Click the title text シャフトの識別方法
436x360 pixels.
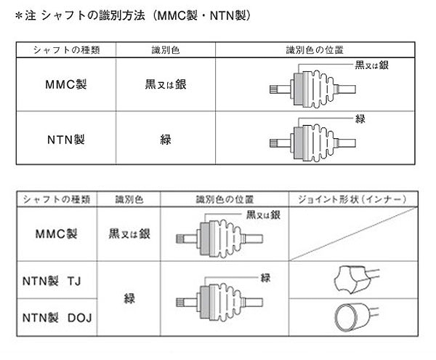[94, 15]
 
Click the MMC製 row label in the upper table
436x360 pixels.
[66, 84]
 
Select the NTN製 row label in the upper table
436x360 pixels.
[66, 140]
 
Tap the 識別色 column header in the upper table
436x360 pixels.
[166, 50]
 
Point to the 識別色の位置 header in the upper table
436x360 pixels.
[315, 50]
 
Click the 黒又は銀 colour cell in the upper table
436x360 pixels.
[166, 84]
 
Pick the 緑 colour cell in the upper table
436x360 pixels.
[166, 140]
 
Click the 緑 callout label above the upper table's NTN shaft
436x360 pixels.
[360, 119]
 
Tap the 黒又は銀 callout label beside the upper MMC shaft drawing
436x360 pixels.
[372, 65]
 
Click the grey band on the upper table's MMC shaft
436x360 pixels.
[299, 89]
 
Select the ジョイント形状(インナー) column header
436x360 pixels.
[352, 199]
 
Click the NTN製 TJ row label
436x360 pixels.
[52, 281]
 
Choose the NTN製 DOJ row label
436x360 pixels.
[57, 318]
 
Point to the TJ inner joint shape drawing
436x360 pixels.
[357, 279]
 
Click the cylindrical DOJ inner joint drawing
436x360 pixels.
[357, 317]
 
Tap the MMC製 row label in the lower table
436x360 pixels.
[57, 234]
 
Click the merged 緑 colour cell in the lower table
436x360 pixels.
[129, 299]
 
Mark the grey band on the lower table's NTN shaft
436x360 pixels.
[205, 302]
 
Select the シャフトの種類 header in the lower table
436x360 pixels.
[57, 199]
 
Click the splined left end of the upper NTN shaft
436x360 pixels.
[274, 143]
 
